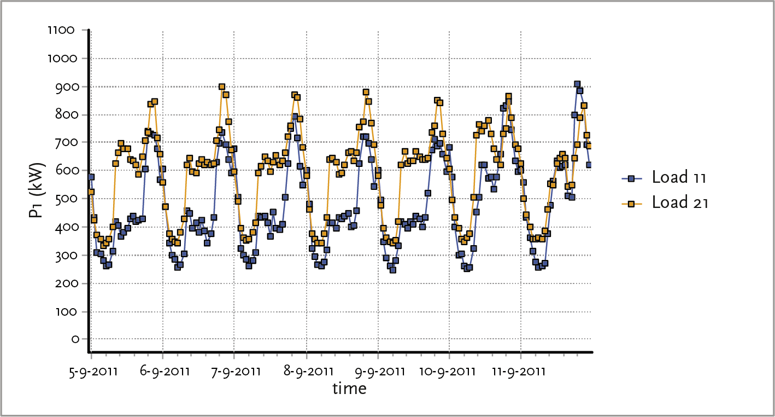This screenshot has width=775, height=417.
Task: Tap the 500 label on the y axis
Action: (x=67, y=199)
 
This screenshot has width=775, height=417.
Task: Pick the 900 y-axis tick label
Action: (x=67, y=86)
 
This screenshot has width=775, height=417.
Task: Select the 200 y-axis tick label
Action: (x=67, y=283)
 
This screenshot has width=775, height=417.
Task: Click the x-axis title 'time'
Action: (x=349, y=389)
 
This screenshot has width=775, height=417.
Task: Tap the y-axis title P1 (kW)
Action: (x=37, y=184)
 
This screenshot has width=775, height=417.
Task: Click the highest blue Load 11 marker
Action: (x=577, y=84)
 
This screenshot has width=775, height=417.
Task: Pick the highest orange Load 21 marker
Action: (x=222, y=87)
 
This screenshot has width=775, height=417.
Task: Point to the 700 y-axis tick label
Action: (x=67, y=142)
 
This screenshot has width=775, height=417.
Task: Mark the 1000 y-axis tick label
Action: (x=64, y=58)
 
